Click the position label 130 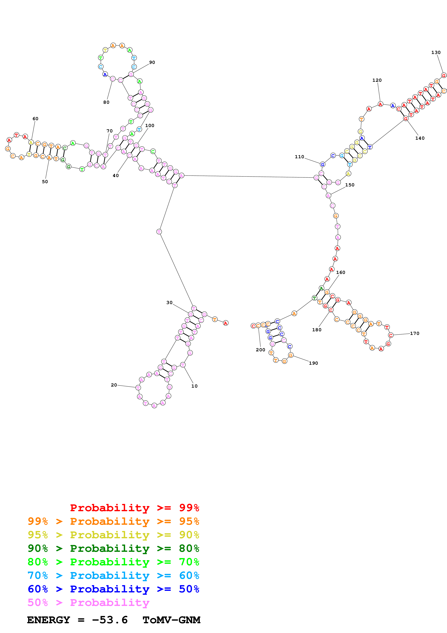coord(436,52)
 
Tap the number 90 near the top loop coord(152,62)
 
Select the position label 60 coord(36,119)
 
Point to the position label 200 coord(260,350)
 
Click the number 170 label coord(415,333)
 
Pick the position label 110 coord(299,157)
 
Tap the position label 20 coord(114,385)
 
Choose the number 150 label coord(350,185)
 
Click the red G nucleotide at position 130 coord(443,75)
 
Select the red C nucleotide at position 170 coord(391,335)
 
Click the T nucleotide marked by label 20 coord(138,387)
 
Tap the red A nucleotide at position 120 coord(380,104)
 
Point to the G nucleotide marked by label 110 coord(323,164)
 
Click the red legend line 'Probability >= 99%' coord(134,508)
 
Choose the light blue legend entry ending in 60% coord(113,575)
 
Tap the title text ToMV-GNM coord(171,620)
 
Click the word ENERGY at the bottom coord(49,620)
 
